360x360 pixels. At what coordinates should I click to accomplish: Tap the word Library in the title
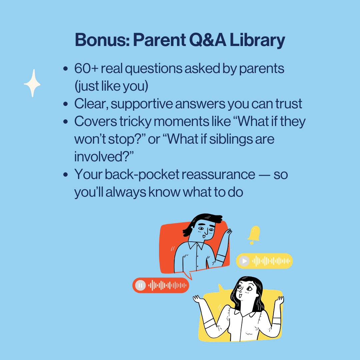pyautogui.click(x=257, y=40)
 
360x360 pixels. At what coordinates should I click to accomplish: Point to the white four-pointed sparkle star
pyautogui.click(x=32, y=83)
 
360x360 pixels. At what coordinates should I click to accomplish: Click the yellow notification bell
pyautogui.click(x=254, y=235)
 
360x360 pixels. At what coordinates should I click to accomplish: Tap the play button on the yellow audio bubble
pyautogui.click(x=244, y=261)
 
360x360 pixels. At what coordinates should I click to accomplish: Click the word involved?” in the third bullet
pyautogui.click(x=104, y=157)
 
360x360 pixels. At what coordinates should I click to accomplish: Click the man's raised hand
pyautogui.click(x=227, y=234)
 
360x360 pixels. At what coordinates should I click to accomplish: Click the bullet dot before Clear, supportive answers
pyautogui.click(x=65, y=104)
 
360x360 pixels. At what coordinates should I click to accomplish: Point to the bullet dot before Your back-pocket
pyautogui.click(x=65, y=175)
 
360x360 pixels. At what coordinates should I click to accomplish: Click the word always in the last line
pyautogui.click(x=126, y=192)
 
